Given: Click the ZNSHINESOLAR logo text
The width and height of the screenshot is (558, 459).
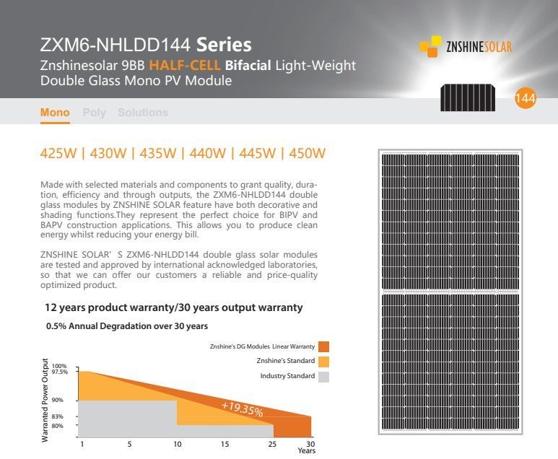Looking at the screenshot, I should tap(479, 47).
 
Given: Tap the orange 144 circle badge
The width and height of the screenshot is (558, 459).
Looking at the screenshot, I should tap(525, 100).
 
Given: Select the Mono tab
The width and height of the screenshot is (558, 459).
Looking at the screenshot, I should tap(55, 113).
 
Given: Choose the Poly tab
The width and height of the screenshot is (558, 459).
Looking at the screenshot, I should tap(94, 113).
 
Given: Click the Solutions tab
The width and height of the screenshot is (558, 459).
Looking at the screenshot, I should tap(142, 113).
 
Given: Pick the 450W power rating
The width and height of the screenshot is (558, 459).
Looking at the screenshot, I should tap(307, 153).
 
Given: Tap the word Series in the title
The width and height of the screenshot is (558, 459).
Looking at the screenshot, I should tap(224, 45).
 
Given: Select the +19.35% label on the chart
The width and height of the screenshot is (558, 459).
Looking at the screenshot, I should tap(242, 408).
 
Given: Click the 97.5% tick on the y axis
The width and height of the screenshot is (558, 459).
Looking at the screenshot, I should tap(60, 372).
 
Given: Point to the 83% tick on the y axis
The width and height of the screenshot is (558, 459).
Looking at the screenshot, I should tap(58, 417).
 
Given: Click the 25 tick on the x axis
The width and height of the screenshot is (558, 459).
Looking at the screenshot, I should tap(273, 444).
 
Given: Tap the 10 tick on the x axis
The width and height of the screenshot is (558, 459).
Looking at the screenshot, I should tap(177, 444).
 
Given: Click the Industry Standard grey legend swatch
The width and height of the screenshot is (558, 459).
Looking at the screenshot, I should tap(323, 376).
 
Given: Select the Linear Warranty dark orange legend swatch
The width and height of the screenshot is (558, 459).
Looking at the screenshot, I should tap(323, 346).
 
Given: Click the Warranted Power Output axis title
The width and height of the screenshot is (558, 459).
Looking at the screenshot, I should tap(45, 400).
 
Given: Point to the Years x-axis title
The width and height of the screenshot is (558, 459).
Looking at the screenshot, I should tap(306, 451).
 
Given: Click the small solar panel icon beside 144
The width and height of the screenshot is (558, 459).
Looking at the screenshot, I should tap(468, 97).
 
